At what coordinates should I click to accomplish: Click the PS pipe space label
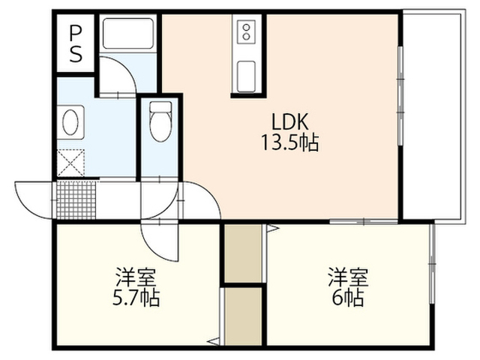click(x=76, y=43)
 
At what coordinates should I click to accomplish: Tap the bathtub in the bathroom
click(x=128, y=34)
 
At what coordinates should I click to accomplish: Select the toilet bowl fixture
click(x=160, y=121)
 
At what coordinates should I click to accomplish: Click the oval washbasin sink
click(x=70, y=122)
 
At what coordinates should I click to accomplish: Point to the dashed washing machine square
click(x=70, y=163)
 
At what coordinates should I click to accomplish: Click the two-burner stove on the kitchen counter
click(x=247, y=31)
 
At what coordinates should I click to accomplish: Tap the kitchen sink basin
click(x=247, y=76)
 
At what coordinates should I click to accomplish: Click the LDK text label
click(x=290, y=121)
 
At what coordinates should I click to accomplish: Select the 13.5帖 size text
click(x=290, y=142)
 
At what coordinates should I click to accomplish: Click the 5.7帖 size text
click(x=136, y=298)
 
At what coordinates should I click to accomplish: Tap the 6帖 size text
click(x=348, y=298)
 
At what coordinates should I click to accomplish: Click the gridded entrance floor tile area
click(x=76, y=200)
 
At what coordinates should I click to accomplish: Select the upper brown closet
click(x=243, y=253)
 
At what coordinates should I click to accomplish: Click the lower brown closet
click(x=243, y=316)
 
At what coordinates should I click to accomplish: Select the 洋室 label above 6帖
click(x=348, y=277)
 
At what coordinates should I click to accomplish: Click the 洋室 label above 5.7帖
click(x=136, y=277)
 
